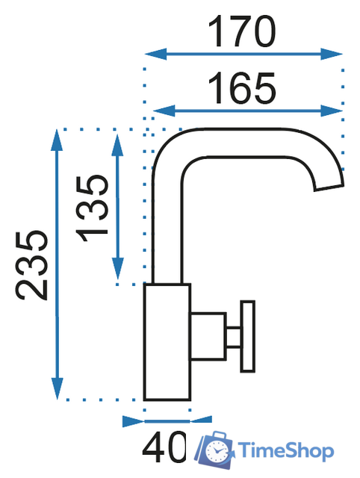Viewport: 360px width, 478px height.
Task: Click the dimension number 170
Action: click(x=242, y=31)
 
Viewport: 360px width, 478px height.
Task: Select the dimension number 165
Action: click(x=242, y=88)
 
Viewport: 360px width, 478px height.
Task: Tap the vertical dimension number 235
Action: click(x=31, y=266)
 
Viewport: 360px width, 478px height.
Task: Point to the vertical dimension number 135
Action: click(x=92, y=208)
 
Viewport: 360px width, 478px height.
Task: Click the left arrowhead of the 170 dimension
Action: click(x=156, y=55)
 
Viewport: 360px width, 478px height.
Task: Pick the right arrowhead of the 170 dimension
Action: click(x=332, y=55)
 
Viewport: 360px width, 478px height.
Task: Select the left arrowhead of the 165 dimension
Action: click(x=164, y=111)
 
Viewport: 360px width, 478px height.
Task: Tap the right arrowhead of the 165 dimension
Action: click(x=332, y=111)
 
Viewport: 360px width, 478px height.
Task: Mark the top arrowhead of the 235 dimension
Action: click(x=57, y=140)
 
